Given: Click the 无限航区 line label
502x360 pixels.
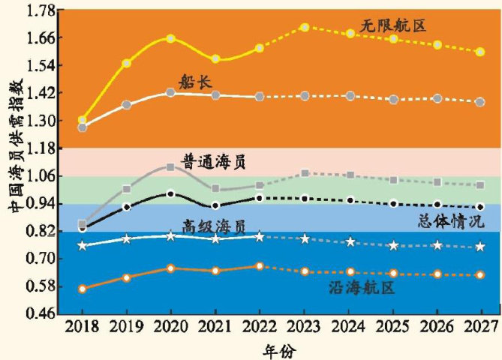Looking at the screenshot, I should (393, 26).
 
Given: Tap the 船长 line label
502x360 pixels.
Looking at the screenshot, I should (194, 79).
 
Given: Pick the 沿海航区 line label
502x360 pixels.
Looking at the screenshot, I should (362, 286).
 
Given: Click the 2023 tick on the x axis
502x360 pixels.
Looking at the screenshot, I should (304, 327).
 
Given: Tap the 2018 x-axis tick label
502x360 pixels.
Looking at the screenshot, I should (82, 327).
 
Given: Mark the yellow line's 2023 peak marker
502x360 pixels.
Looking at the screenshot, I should (305, 27).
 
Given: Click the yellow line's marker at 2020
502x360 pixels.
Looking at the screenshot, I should (170, 38).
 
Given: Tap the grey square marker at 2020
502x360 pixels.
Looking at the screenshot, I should (170, 166).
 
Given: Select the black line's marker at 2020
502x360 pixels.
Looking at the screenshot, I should (170, 194).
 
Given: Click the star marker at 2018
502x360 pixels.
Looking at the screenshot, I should (82, 246).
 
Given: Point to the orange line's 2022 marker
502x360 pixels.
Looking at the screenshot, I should (260, 266).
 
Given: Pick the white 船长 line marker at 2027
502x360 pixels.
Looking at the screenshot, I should (480, 102).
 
